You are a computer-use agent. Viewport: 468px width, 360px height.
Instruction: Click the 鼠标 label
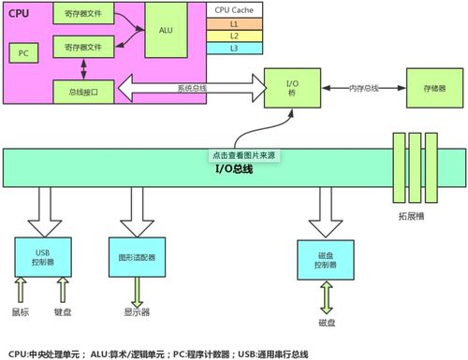tap(21, 311)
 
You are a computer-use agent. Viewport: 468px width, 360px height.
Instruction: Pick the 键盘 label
tap(62, 311)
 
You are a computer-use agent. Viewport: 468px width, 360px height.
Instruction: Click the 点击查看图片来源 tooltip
tap(244, 155)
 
